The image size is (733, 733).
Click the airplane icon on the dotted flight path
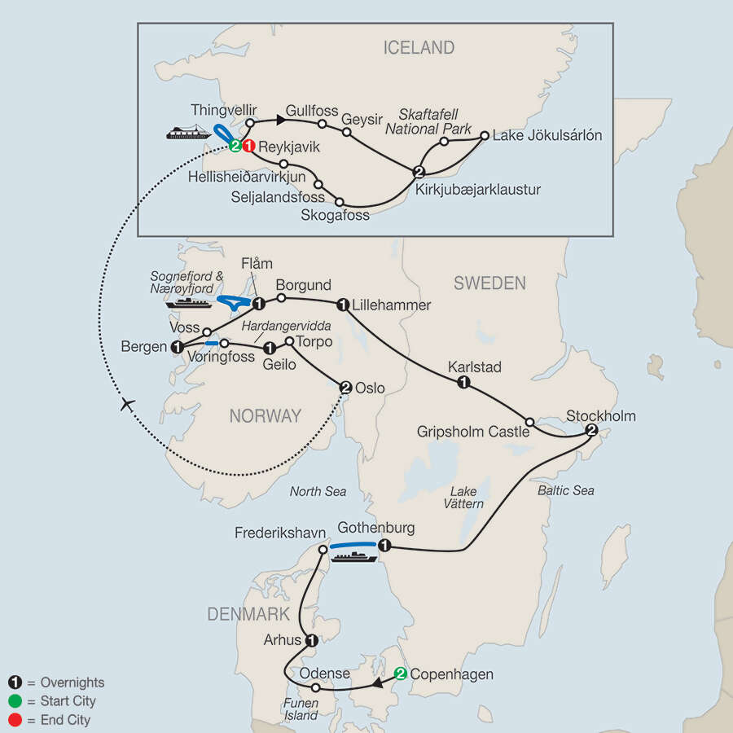coord(125,405)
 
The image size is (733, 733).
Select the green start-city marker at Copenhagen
coord(400,674)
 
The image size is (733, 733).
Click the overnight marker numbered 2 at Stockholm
coord(592,431)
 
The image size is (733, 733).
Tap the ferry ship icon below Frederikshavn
coord(353,557)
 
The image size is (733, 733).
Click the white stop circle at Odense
coord(316,688)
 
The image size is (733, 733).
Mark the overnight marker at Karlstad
coord(463,383)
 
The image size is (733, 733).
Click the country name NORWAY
coord(265,416)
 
